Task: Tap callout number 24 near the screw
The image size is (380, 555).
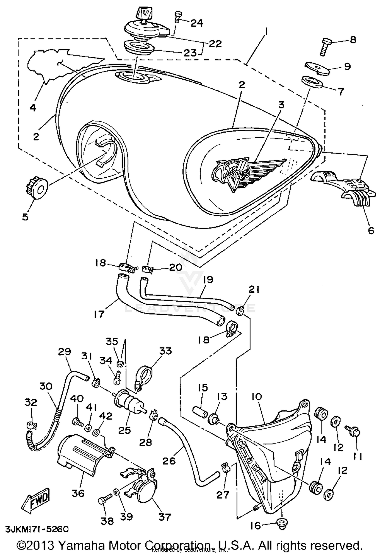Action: tap(197, 23)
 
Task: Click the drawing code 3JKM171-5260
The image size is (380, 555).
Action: tap(37, 529)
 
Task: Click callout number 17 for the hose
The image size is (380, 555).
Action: tap(99, 314)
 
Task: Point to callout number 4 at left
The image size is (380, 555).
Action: tap(33, 108)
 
